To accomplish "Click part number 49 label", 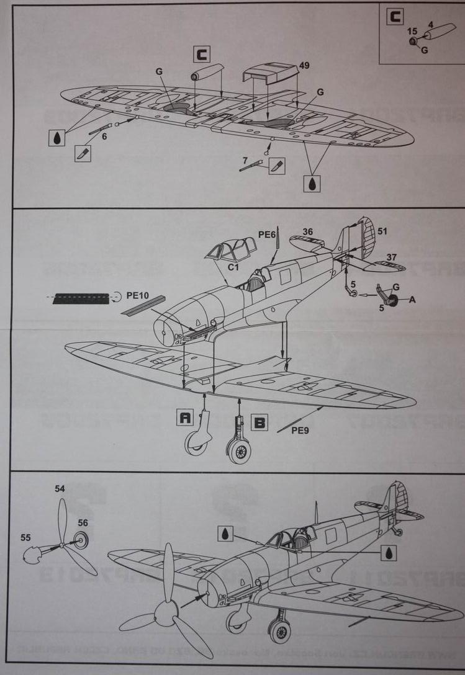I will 304,65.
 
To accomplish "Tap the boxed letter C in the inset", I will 394,17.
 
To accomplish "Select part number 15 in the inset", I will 412,30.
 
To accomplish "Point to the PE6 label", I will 267,234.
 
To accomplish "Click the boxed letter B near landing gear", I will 260,423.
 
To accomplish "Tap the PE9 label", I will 301,429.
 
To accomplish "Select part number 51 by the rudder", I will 382,232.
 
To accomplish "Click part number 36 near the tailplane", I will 308,232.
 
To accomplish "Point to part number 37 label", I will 392,257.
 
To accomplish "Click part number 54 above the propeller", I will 60,489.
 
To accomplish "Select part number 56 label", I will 83,523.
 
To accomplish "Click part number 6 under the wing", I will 104,136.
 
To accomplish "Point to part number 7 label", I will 245,161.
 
